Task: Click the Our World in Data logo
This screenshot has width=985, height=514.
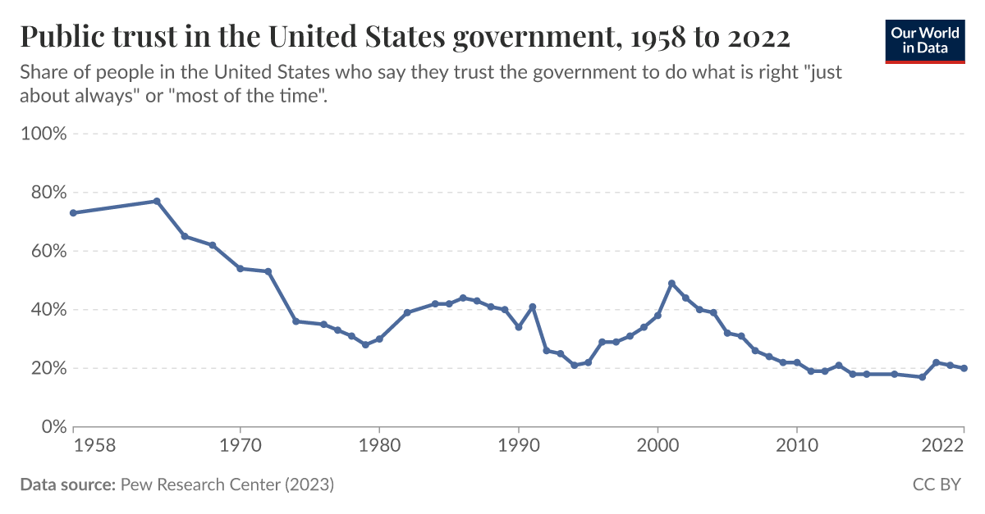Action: [925, 40]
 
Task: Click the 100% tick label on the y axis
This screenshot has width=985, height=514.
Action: [43, 134]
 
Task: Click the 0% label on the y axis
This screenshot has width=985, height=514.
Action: [51, 427]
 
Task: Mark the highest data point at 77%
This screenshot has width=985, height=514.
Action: [157, 201]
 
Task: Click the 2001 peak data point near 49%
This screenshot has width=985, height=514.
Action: [671, 283]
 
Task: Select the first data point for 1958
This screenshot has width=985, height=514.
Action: [73, 212]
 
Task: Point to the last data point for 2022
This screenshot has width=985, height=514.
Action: [964, 368]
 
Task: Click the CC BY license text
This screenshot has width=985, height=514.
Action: [937, 484]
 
